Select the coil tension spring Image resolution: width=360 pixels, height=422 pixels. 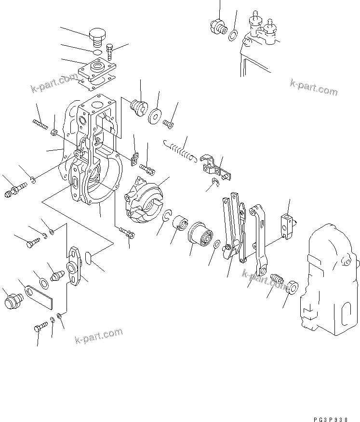[180, 150]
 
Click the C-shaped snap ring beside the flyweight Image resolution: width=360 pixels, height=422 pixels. [167, 217]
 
